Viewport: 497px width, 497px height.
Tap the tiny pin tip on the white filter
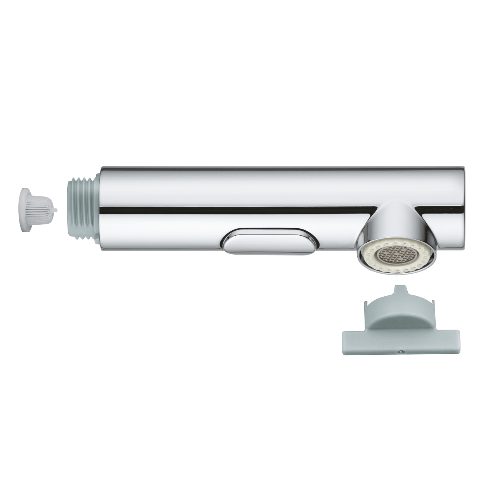pos(56,210)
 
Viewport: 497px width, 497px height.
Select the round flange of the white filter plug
pos(24,210)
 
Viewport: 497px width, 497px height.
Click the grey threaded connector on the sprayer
pos(83,210)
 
